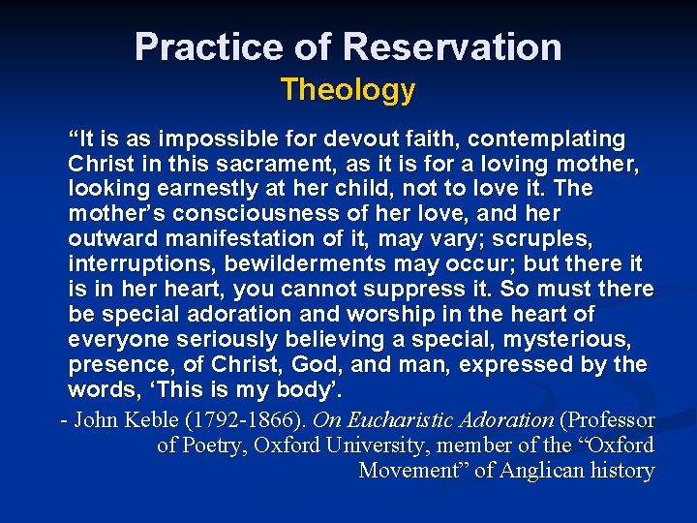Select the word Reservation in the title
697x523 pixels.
[x=452, y=46]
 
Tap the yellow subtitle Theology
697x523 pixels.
[x=348, y=90]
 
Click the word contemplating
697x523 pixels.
[x=546, y=138]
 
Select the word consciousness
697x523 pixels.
[x=249, y=214]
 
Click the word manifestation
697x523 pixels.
[x=231, y=239]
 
